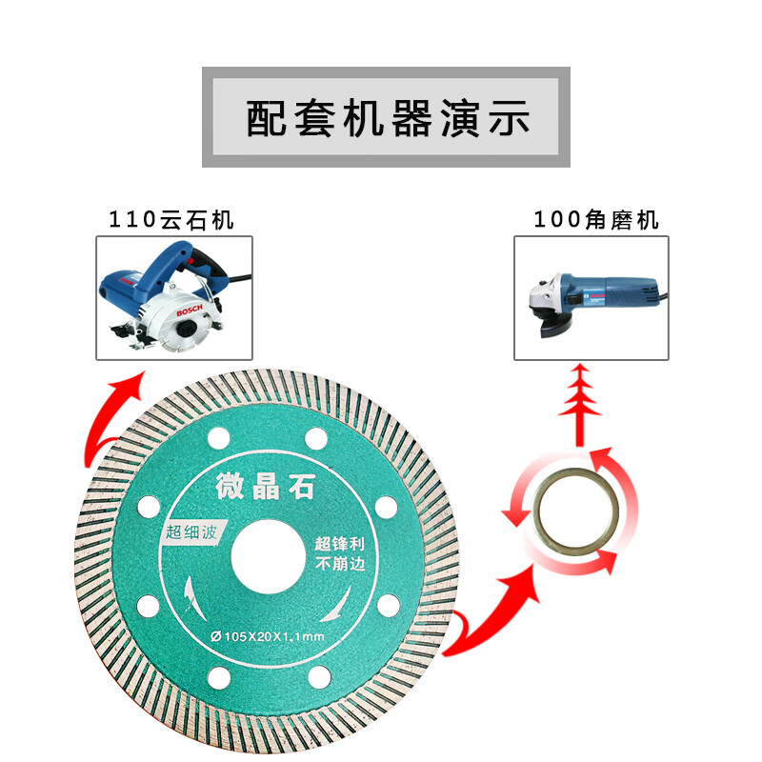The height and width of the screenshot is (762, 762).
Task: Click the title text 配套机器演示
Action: (x=386, y=118)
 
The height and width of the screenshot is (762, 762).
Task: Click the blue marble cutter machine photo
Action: (x=175, y=297)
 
